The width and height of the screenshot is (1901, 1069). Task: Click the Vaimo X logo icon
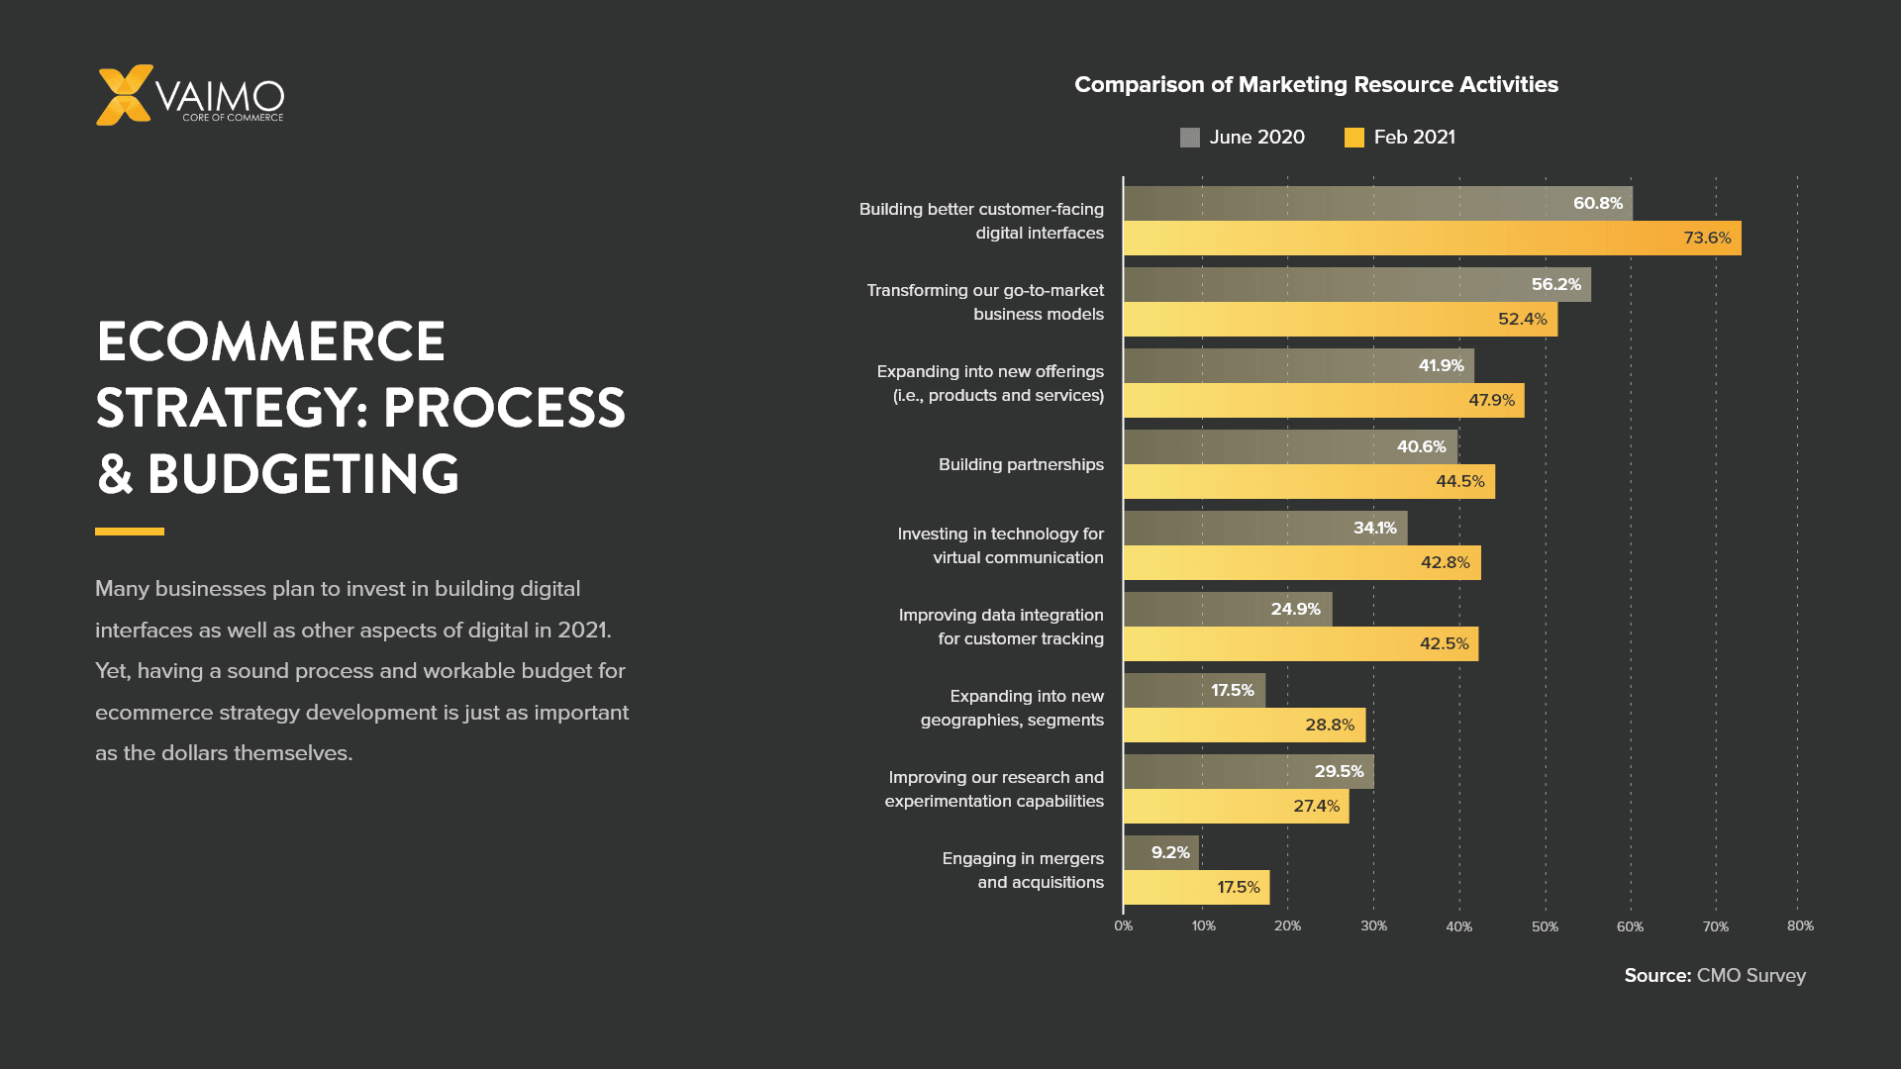pyautogui.click(x=124, y=95)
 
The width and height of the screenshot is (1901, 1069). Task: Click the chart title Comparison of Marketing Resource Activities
pyautogui.click(x=1316, y=85)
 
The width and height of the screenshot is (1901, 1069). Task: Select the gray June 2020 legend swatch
pyautogui.click(x=1189, y=138)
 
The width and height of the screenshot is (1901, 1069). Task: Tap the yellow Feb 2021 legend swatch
pyautogui.click(x=1353, y=138)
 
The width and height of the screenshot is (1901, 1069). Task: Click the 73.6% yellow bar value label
pyautogui.click(x=1707, y=239)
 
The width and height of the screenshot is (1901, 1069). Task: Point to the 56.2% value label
pyautogui.click(x=1555, y=285)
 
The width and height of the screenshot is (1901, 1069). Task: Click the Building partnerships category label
pyautogui.click(x=1020, y=465)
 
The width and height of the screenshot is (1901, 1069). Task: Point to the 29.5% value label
pyautogui.click(x=1339, y=772)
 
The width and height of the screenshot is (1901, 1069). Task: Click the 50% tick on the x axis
pyautogui.click(x=1545, y=927)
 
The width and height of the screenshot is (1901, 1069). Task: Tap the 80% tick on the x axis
pyautogui.click(x=1800, y=926)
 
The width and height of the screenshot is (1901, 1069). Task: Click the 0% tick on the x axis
pyautogui.click(x=1123, y=926)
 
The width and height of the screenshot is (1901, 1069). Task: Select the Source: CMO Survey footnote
pyautogui.click(x=1715, y=976)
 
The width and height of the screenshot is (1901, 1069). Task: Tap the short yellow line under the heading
pyautogui.click(x=130, y=532)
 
